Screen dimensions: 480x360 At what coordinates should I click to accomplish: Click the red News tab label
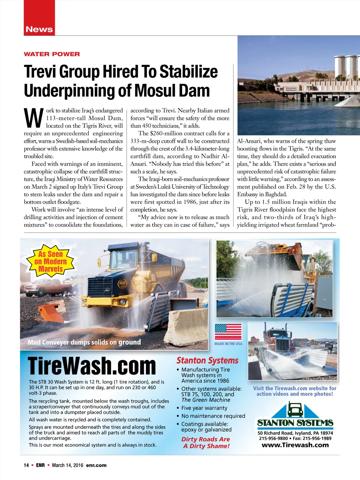pyautogui.click(x=39, y=30)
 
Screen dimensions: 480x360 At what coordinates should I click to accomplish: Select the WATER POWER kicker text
pyautogui.click(x=52, y=54)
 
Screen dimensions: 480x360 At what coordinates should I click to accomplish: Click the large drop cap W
pyautogui.click(x=34, y=119)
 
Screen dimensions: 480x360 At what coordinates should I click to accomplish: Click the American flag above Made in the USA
pyautogui.click(x=228, y=332)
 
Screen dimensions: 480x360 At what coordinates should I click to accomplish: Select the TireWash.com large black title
pyautogui.click(x=92, y=366)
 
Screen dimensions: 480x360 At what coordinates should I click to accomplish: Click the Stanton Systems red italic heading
pyautogui.click(x=207, y=360)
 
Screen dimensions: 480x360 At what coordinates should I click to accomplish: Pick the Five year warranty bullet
pyautogui.click(x=204, y=408)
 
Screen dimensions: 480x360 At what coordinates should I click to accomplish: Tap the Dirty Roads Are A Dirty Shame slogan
pyautogui.click(x=206, y=443)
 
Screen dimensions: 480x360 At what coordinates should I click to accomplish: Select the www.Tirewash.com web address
pyautogui.click(x=295, y=445)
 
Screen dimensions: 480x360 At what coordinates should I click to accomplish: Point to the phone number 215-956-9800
pyautogui.click(x=273, y=439)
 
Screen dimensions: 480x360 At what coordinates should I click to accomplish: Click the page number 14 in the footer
pyautogui.click(x=26, y=465)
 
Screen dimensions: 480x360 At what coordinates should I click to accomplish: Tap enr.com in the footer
pyautogui.click(x=96, y=465)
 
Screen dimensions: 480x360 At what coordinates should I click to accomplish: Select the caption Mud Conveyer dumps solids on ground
pyautogui.click(x=84, y=342)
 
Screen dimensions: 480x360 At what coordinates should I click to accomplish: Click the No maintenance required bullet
pyautogui.click(x=213, y=416)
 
